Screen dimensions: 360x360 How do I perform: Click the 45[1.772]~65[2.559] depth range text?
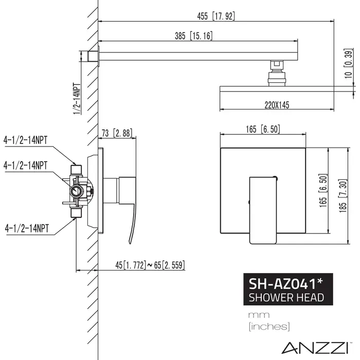(x=150, y=265)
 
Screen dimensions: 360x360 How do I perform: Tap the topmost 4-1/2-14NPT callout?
(x=25, y=138)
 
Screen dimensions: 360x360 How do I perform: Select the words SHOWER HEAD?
(x=286, y=297)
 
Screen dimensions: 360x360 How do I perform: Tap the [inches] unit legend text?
(x=268, y=326)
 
